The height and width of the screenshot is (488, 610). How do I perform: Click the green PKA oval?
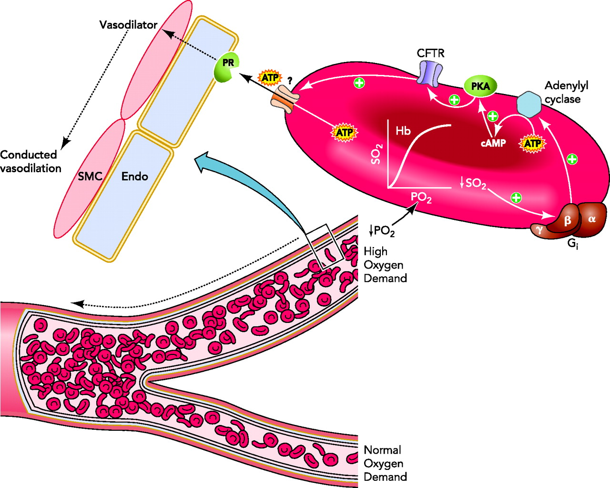pyautogui.click(x=480, y=86)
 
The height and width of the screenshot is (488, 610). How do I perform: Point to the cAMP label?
pyautogui.click(x=493, y=143)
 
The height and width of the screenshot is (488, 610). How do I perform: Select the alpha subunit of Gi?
pyautogui.click(x=593, y=219)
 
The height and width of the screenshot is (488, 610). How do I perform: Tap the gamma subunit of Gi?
pyautogui.click(x=540, y=229)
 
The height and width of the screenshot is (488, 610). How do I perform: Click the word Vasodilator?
pyautogui.click(x=128, y=25)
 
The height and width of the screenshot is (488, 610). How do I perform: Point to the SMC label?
pyautogui.click(x=90, y=177)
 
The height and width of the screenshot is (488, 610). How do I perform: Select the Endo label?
pyautogui.click(x=134, y=177)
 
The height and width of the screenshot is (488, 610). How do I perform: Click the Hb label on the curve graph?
pyautogui.click(x=403, y=131)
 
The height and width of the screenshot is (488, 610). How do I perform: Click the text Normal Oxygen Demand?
pyautogui.click(x=385, y=463)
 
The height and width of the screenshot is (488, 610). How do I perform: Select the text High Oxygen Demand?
pyautogui.click(x=385, y=265)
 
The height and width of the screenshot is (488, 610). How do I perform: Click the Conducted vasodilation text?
pyautogui.click(x=30, y=161)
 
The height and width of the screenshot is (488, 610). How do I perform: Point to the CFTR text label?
pyautogui.click(x=430, y=53)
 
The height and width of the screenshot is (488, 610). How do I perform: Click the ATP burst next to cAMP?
pyautogui.click(x=532, y=143)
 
